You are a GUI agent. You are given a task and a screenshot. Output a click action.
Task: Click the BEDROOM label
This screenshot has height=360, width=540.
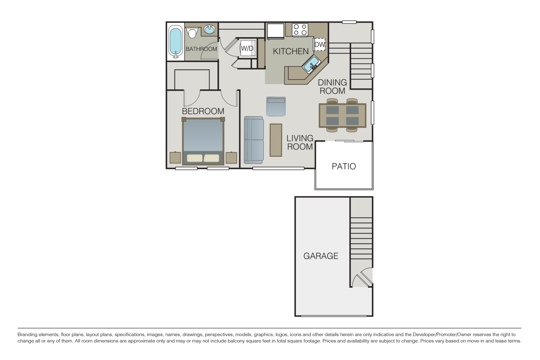pyautogui.click(x=203, y=111)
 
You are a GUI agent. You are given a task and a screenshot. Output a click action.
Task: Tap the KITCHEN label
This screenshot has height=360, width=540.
pyautogui.click(x=290, y=51)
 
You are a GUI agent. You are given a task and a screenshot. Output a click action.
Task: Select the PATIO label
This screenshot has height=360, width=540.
pyautogui.click(x=344, y=166)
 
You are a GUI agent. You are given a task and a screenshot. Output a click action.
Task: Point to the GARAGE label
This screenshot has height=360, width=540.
pyautogui.click(x=321, y=256)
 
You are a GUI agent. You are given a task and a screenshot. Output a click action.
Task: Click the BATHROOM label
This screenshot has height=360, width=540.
pyautogui.click(x=201, y=49)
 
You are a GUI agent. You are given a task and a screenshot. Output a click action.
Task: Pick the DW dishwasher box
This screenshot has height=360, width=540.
pyautogui.click(x=319, y=45)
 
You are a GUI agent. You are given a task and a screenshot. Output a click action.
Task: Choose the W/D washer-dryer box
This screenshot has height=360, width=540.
pyautogui.click(x=247, y=48)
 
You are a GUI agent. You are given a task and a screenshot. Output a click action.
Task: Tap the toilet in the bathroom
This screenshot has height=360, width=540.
pyautogui.click(x=193, y=33)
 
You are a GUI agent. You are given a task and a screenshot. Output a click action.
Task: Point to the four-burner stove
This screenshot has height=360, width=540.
pyautogui.click(x=300, y=30)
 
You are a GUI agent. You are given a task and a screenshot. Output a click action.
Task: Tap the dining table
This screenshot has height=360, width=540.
pyautogui.click(x=342, y=115)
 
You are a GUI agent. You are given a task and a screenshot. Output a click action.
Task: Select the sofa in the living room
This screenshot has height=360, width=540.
pyautogui.click(x=254, y=139)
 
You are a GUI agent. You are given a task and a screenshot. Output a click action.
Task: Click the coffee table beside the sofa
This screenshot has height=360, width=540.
pyautogui.click(x=276, y=140)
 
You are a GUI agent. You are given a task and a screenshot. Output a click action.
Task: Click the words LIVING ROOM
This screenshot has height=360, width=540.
pyautogui.click(x=300, y=143)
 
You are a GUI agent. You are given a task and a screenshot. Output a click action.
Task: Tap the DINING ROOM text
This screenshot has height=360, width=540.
pyautogui.click(x=332, y=87)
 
